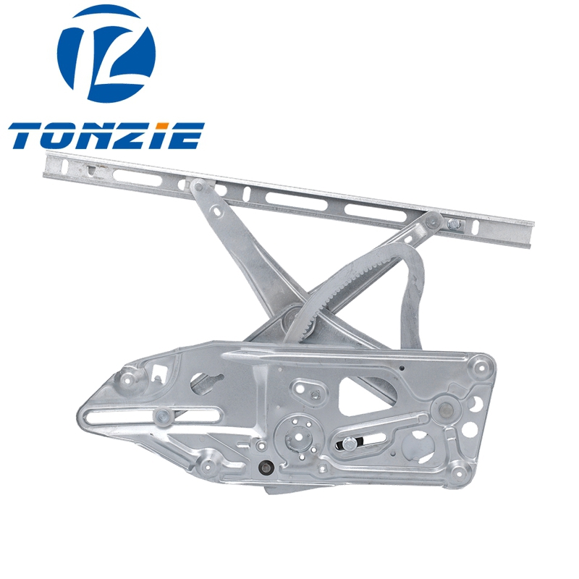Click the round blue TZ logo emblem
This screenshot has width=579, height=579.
pyautogui.click(x=106, y=54)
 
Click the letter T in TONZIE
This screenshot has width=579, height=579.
pyautogui.click(x=28, y=135)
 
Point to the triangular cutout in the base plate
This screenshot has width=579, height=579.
pyautogui.click(x=364, y=394)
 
